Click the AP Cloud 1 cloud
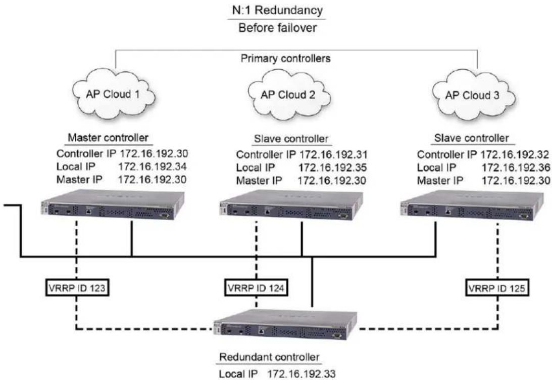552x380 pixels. pos(114,94)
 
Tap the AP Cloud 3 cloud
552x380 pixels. pos(473,95)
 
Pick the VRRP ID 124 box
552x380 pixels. pos(256,287)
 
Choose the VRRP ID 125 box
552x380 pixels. pos(497,288)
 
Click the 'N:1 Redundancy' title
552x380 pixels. pos(277,10)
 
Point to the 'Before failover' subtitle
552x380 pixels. pos(277,27)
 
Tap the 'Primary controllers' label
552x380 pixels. pos(285,58)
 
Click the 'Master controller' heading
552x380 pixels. pos(108,137)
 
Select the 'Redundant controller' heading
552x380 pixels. pos(269,357)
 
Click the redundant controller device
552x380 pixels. pos(285,325)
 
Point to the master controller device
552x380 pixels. pos(113,204)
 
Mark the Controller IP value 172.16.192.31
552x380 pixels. pos(333,154)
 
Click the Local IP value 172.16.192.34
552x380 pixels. pos(153,166)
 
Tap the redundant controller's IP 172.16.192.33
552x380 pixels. pos(302,373)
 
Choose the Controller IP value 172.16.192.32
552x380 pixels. pos(515,154)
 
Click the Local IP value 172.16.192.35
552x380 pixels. pos(333,167)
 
